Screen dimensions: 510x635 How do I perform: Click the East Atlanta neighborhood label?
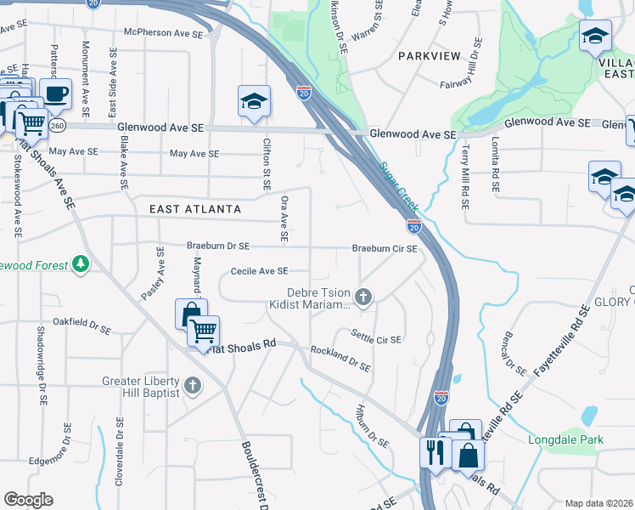[x=195, y=209]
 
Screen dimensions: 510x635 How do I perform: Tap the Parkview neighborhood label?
[x=430, y=56]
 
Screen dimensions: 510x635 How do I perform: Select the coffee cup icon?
[x=56, y=94]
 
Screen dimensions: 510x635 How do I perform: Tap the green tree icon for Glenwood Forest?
[x=81, y=265]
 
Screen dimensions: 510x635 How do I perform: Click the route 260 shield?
[x=58, y=126]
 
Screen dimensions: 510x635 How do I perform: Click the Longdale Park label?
[x=565, y=440]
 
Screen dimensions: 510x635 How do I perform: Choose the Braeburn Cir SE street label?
[x=385, y=249]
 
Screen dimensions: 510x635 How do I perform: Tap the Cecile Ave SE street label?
[x=260, y=271]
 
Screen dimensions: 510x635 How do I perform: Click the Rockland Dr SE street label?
[x=340, y=358]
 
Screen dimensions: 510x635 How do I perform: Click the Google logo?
[x=28, y=500]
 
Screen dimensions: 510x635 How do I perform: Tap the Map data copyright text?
[x=598, y=503]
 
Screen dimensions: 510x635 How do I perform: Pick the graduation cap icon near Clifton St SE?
[x=254, y=102]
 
